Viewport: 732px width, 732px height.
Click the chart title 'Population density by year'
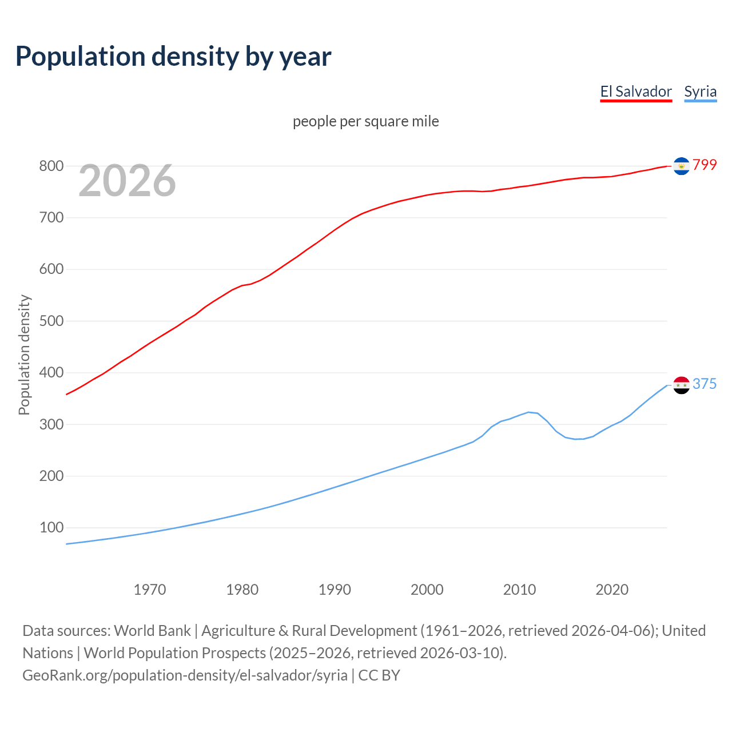pyautogui.click(x=173, y=56)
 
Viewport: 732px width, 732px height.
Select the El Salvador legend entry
pyautogui.click(x=636, y=91)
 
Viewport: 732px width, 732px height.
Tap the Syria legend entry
pyautogui.click(x=700, y=91)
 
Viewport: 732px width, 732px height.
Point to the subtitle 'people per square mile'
pyautogui.click(x=366, y=121)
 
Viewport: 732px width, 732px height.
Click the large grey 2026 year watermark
pyautogui.click(x=127, y=181)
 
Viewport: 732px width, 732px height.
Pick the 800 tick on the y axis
pyautogui.click(x=51, y=166)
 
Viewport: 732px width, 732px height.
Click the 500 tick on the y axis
pyautogui.click(x=51, y=321)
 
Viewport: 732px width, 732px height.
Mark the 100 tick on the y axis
pyautogui.click(x=51, y=528)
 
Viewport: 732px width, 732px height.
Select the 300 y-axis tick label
pyautogui.click(x=51, y=425)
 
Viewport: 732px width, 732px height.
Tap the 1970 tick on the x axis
pyautogui.click(x=150, y=590)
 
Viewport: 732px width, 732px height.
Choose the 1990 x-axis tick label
pyautogui.click(x=335, y=590)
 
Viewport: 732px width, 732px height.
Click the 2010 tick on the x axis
pyautogui.click(x=519, y=590)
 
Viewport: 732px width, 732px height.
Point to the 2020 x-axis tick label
pyautogui.click(x=612, y=590)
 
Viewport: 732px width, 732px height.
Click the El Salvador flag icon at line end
pyautogui.click(x=681, y=166)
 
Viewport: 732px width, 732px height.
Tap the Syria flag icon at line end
pyautogui.click(x=681, y=385)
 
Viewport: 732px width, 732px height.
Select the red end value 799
pyautogui.click(x=705, y=165)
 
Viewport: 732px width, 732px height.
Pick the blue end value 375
pyautogui.click(x=705, y=384)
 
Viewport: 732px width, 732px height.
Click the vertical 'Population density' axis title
pyautogui.click(x=24, y=355)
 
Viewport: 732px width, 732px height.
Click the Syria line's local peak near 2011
pyautogui.click(x=529, y=412)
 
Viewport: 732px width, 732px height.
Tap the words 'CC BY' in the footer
pyautogui.click(x=379, y=675)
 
